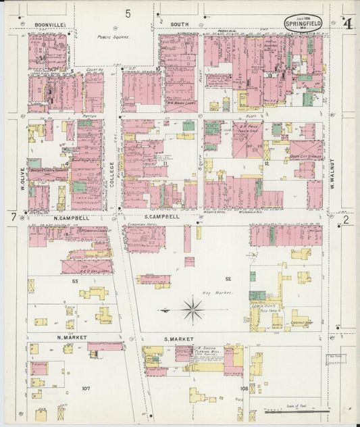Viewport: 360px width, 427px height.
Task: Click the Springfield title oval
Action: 303,23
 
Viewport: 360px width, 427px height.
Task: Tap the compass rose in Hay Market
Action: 193,310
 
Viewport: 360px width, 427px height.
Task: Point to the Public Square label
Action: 112,38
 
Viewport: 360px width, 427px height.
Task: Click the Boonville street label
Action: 49,24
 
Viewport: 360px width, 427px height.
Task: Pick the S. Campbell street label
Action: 161,218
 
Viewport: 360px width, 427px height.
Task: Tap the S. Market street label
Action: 178,338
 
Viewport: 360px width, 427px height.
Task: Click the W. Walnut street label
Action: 333,172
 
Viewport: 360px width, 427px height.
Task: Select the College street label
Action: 111,173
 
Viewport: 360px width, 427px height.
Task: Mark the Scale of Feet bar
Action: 297,410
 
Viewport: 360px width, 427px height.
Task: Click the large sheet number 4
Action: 347,24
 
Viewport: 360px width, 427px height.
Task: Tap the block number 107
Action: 85,388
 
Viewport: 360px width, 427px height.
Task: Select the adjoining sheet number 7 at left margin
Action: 13,218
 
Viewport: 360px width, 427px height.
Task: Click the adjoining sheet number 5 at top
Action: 128,13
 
